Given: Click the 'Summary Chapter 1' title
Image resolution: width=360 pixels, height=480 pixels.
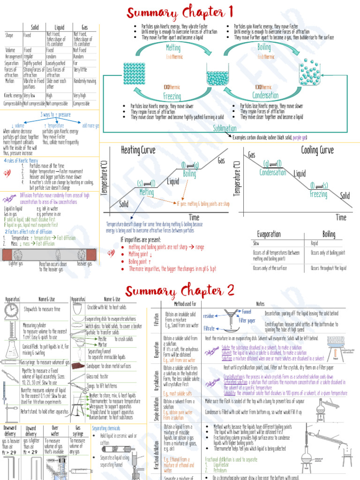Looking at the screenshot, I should (180, 12).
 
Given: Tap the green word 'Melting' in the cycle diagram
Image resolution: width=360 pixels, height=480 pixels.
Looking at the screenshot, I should (173, 48).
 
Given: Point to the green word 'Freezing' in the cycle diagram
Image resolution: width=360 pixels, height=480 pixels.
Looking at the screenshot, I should (172, 96).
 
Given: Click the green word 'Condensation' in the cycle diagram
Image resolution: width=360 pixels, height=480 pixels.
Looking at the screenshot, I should (265, 96).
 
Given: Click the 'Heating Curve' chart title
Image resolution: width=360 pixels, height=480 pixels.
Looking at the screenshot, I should (137, 150).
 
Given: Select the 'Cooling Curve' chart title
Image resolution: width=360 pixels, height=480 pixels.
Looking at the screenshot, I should (317, 150).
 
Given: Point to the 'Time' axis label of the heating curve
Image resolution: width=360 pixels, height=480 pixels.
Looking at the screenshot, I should (194, 217).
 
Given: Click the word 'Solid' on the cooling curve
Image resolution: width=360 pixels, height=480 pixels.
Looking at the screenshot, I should (345, 195).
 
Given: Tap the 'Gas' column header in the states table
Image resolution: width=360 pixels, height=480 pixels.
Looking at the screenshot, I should (84, 28).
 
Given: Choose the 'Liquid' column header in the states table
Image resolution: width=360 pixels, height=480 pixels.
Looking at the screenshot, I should (60, 28).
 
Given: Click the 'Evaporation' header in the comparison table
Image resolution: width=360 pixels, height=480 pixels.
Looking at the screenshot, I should (269, 234).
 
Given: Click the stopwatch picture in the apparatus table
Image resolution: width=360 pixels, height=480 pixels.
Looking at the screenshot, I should (11, 310).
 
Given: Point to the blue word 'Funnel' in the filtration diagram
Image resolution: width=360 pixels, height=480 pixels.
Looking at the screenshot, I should (247, 311).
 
